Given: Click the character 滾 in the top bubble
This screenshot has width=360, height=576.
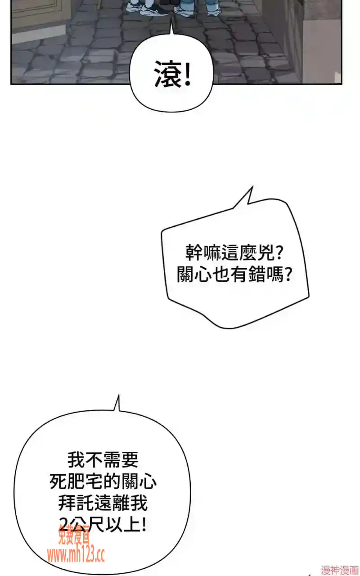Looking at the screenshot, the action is (167, 74).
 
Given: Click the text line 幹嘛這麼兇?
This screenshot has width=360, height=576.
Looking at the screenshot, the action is (234, 253).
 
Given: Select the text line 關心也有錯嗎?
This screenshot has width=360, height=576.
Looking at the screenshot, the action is (234, 274).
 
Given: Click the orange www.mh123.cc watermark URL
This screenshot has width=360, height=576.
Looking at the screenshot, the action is (76, 548).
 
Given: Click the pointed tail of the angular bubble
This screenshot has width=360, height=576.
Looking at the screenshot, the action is (252, 186).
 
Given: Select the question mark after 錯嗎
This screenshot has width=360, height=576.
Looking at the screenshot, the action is (288, 274).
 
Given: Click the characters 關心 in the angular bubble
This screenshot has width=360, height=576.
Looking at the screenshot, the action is (194, 274).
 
